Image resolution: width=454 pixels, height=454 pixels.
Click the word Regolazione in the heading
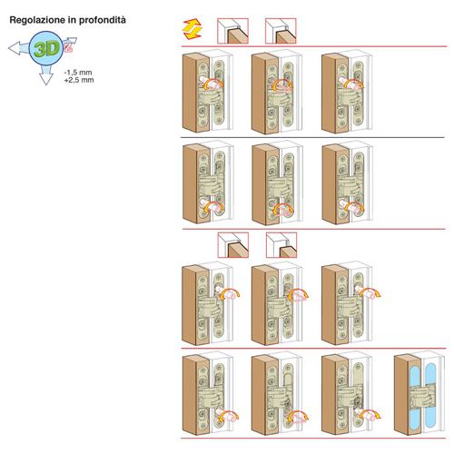tap(36, 20)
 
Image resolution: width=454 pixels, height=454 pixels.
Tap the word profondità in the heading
tap(103, 20)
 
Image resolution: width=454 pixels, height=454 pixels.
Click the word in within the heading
tap(72, 20)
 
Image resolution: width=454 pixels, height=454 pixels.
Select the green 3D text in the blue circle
tap(46, 49)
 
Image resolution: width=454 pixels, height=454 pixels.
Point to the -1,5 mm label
tap(78, 73)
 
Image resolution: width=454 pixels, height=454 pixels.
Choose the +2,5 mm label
tap(79, 80)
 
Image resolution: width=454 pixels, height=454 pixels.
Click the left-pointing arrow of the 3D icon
tap(19, 48)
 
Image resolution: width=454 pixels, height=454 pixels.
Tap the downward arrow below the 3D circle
tap(46, 74)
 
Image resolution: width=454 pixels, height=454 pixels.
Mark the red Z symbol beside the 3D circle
tap(69, 47)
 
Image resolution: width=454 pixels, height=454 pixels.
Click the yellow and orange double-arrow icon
tap(192, 29)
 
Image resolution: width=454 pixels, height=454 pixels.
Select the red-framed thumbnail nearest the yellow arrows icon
tap(232, 31)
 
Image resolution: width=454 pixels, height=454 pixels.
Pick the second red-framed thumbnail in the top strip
tap(281, 31)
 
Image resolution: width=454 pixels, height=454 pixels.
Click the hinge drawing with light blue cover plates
tap(419, 393)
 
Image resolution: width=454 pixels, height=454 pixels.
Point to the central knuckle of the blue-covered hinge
tap(420, 395)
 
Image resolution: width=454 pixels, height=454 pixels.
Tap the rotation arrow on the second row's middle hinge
tap(284, 209)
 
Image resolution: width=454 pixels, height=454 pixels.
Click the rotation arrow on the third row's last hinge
tap(370, 293)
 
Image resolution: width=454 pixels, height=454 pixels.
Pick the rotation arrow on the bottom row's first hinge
tap(229, 416)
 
